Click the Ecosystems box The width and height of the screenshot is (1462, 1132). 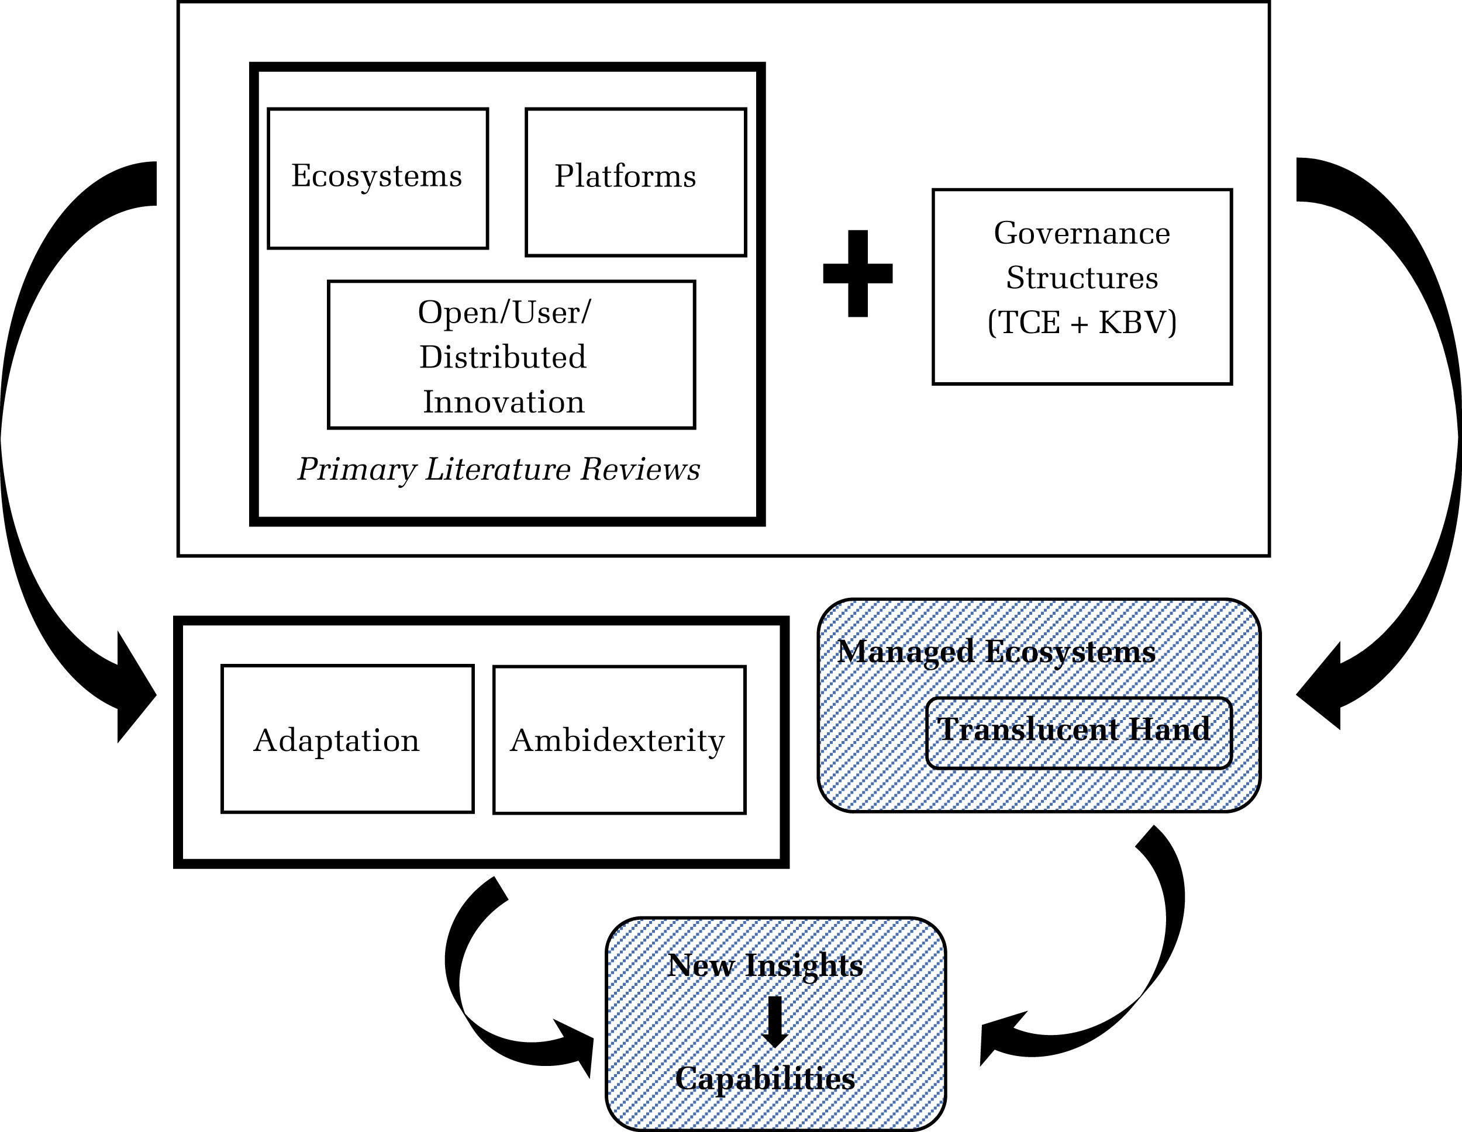(x=378, y=179)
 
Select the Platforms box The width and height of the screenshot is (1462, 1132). (x=635, y=181)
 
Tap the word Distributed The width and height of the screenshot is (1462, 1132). (x=503, y=356)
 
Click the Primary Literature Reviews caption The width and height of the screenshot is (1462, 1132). (x=499, y=469)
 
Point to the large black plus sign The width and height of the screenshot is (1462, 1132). (x=857, y=274)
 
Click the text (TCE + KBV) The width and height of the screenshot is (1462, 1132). (x=1082, y=323)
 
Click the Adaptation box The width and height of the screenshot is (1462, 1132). (x=347, y=739)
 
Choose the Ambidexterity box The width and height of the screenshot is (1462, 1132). (x=619, y=740)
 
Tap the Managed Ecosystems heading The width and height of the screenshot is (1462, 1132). (x=996, y=652)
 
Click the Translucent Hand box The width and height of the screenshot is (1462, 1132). (x=1078, y=733)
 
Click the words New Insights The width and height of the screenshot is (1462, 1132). (x=765, y=965)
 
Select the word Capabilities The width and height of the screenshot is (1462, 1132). (x=764, y=1078)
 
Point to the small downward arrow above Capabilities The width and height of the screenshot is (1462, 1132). (x=775, y=1022)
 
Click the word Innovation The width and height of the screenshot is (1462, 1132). (x=504, y=402)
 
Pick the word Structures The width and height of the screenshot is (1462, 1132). (x=1082, y=278)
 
